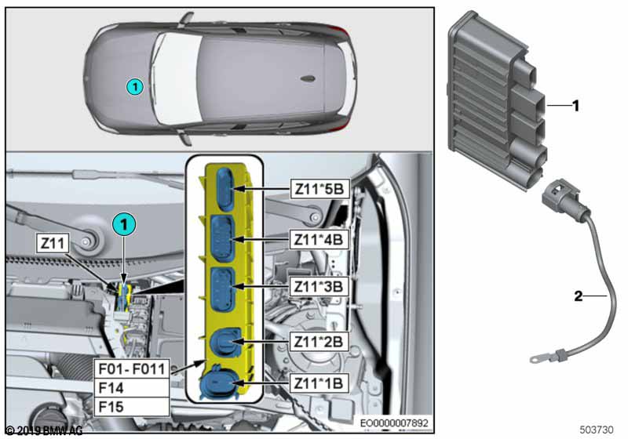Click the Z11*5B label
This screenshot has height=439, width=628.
pos(318,189)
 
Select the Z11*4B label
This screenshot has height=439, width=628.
pos(318,238)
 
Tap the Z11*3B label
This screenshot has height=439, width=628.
pos(318,286)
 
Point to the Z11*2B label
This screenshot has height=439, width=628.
pos(318,341)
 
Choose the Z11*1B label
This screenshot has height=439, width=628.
pos(318,384)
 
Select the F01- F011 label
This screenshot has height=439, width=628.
pos(130,368)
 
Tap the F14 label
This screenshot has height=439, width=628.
pos(130,387)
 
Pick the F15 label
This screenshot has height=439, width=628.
pos(130,406)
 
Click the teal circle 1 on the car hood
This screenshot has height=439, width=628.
pos(135,87)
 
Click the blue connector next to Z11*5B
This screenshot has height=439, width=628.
pos(225,190)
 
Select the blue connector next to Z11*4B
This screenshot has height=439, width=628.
pos(221,238)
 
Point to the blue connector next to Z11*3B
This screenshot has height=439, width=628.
pos(221,287)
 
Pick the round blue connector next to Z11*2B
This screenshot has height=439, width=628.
pos(221,343)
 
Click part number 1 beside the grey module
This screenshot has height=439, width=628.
pos(575,104)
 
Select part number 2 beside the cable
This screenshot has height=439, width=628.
pos(579,296)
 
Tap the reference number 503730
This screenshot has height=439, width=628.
pos(598,430)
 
